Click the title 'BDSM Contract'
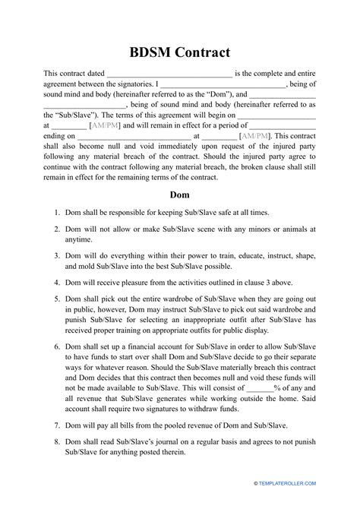(x=179, y=53)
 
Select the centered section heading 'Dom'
(x=179, y=194)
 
